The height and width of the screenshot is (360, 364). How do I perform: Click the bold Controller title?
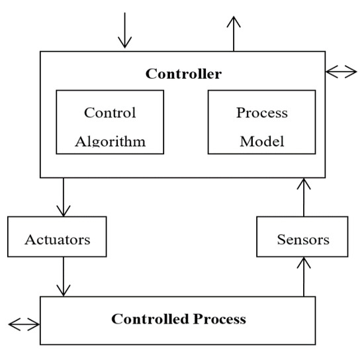(183, 73)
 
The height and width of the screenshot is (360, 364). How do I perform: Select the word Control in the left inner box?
(110, 112)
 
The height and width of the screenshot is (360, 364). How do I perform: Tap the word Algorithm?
(110, 141)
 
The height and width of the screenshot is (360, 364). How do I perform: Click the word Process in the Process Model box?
(261, 112)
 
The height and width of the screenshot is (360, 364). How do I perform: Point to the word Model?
(261, 141)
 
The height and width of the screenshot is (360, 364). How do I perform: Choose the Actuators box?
(57, 237)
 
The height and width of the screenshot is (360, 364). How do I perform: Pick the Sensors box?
(302, 238)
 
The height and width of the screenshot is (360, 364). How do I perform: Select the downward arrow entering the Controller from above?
(124, 32)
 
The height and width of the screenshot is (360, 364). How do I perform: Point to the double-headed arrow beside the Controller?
(341, 71)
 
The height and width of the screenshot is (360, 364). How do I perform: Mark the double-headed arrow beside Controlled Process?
(24, 324)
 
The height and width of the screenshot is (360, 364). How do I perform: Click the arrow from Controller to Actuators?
(64, 197)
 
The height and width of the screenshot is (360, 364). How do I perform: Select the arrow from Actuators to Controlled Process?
(64, 277)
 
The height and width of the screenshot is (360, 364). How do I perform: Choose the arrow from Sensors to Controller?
(303, 197)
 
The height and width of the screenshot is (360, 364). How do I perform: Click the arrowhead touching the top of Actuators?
(64, 211)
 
